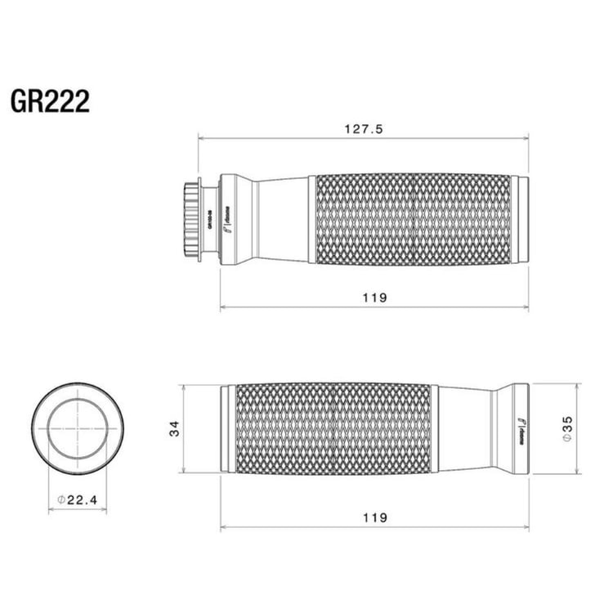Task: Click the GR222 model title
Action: pos(50,101)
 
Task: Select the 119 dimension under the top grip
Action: pos(374,298)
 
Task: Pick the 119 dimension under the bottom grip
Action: pos(374,517)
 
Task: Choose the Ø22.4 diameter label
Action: pos(78,499)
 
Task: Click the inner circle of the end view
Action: pos(78,427)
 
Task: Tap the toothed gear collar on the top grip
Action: pos(191,219)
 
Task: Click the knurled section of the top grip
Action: pos(413,219)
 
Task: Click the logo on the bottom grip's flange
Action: pos(520,427)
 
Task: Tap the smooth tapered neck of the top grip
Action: pos(282,219)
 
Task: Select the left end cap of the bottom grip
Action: pos(227,427)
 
